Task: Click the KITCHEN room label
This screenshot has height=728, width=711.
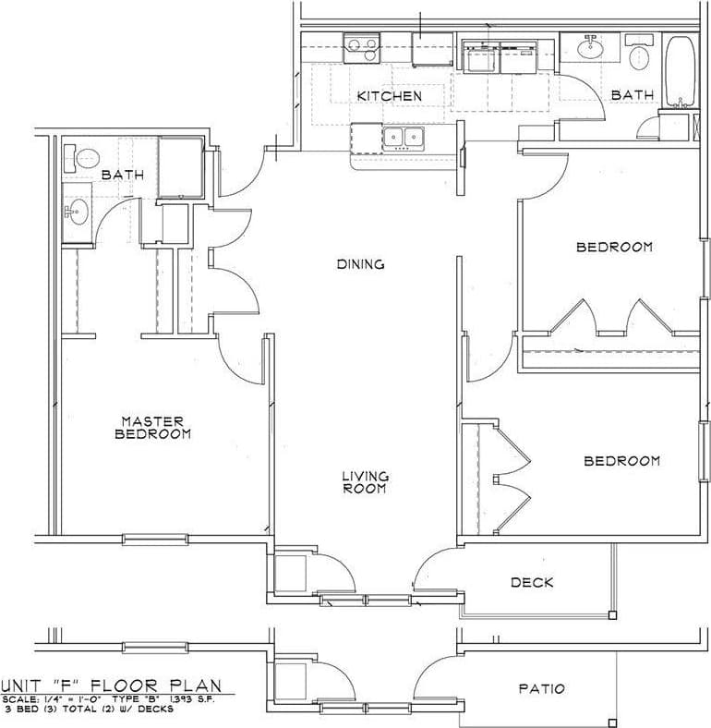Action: tap(389, 96)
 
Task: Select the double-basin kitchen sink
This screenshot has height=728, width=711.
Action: tap(404, 138)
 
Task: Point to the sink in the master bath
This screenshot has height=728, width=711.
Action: tap(78, 211)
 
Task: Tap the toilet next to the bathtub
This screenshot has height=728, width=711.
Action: tap(639, 55)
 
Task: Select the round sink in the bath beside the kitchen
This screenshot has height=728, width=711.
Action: tap(588, 45)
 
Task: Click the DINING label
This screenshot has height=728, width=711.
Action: tap(360, 264)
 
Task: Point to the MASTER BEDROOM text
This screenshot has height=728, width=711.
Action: tap(154, 427)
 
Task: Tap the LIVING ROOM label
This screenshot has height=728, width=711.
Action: tap(366, 482)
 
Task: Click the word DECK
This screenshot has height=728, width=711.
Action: tap(532, 582)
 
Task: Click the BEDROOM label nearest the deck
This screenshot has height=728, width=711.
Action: tap(621, 460)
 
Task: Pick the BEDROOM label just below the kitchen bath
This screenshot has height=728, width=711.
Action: tap(614, 247)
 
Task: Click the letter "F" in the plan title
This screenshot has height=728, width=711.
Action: tap(82, 686)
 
